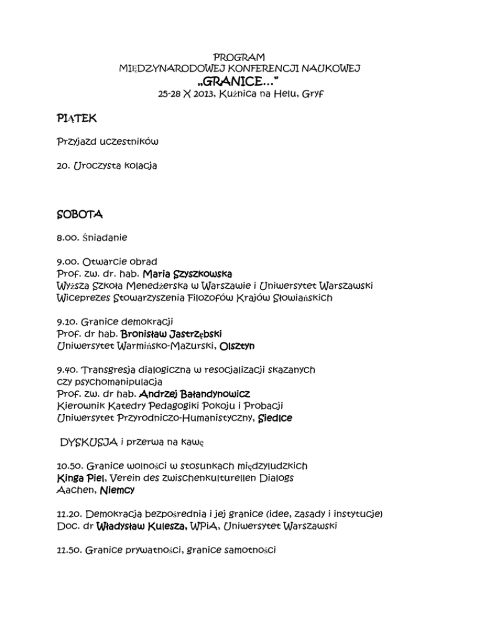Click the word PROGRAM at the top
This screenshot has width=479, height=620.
[x=239, y=57]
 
